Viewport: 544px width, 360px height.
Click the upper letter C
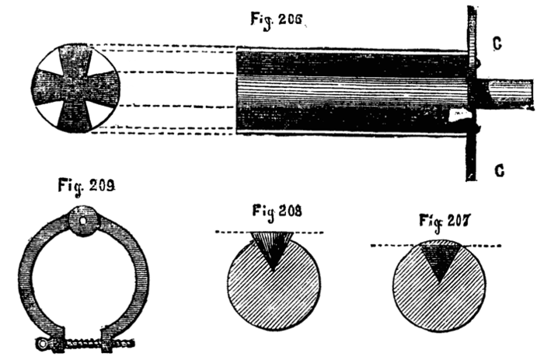[x=497, y=44]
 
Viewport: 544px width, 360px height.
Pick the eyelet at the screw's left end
[x=44, y=343]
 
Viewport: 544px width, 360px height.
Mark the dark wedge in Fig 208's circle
[x=272, y=250]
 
